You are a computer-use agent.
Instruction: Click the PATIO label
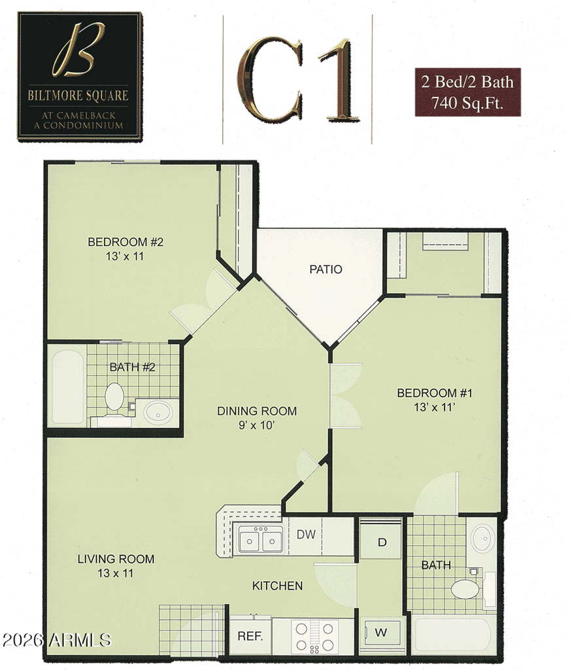(326, 269)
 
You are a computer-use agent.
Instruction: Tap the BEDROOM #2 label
(126, 242)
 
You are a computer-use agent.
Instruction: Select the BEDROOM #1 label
(435, 393)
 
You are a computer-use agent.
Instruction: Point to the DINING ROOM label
(257, 411)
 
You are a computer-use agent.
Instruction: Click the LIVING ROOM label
(116, 559)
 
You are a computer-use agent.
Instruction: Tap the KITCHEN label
(277, 586)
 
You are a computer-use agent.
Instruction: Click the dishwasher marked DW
(306, 536)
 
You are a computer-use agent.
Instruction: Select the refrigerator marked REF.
(250, 636)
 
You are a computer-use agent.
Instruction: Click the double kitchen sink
(260, 540)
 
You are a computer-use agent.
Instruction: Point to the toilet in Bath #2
(114, 398)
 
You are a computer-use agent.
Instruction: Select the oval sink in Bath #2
(158, 413)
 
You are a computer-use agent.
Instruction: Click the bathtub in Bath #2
(68, 387)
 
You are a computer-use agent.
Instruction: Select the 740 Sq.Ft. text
(467, 103)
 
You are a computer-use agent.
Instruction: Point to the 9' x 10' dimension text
(257, 425)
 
